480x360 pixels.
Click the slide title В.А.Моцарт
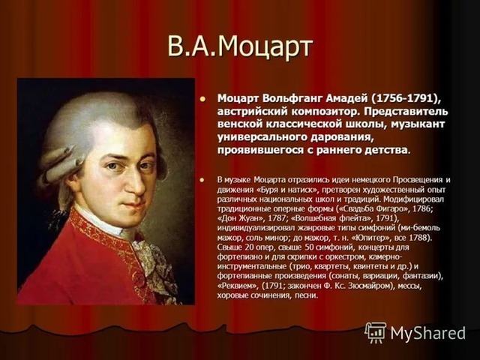240,46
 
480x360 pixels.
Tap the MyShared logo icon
375,332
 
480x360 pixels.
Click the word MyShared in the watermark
427,333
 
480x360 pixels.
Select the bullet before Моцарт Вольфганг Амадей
202,98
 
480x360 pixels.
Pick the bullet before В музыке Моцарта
202,179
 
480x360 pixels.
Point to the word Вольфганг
292,99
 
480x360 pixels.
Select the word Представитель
406,112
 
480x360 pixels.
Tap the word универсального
262,137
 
